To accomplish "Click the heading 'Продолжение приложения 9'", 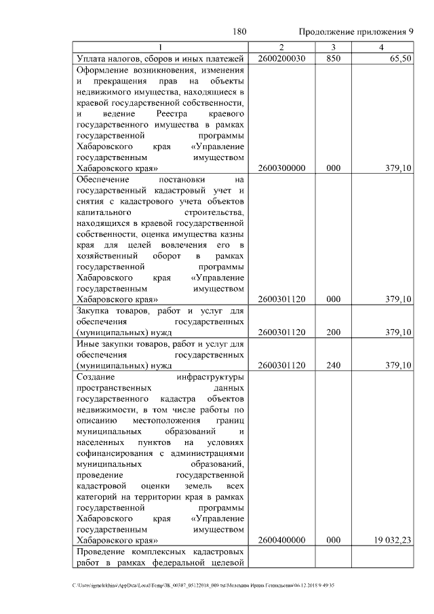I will [x=355, y=32].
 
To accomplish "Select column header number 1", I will [x=161, y=47].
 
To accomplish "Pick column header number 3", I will [x=333, y=47].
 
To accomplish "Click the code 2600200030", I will [x=281, y=59].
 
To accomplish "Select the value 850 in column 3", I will [x=333, y=59].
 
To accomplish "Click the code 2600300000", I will [x=281, y=168].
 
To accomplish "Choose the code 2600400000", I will [x=281, y=540].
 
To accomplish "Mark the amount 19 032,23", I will [x=393, y=540].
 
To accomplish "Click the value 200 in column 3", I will [x=333, y=332].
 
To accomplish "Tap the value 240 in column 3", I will [x=333, y=366].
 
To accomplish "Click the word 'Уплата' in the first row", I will [x=92, y=59].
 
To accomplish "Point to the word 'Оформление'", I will [x=103, y=70].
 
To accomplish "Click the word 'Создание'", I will [x=96, y=377].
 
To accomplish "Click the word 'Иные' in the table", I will [x=86, y=344].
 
